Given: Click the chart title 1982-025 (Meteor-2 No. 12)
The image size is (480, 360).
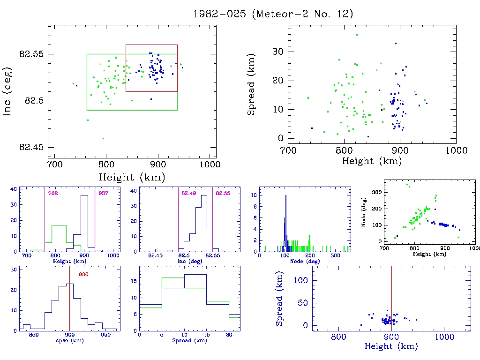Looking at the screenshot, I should point(273,14).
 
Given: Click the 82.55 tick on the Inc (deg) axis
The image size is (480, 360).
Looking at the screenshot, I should point(31,54).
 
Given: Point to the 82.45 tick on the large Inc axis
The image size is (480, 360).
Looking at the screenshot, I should point(31,147).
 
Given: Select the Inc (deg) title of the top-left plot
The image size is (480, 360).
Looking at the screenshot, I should point(8,91).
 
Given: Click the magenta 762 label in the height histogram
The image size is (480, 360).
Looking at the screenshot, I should point(52,193).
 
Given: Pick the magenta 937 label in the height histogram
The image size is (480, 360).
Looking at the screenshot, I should point(102,193).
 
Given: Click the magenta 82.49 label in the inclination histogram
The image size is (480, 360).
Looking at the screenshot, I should point(188,193).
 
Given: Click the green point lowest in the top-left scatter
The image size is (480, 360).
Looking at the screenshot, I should point(103,138).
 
